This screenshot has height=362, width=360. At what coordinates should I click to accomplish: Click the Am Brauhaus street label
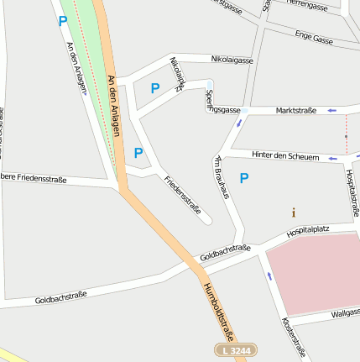[x=222, y=177]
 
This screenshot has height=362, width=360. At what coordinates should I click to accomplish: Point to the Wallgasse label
[x=345, y=313]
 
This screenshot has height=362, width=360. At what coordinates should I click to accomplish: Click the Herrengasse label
[x=306, y=6]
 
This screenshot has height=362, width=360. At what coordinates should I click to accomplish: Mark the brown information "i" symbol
[x=293, y=212]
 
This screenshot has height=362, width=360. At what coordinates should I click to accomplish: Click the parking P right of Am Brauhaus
[x=244, y=177]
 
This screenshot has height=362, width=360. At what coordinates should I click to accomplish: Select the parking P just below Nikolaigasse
[x=154, y=87]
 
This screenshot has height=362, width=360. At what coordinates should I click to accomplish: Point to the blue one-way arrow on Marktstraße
[x=332, y=110]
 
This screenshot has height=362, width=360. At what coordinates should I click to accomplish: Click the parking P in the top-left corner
[x=62, y=22]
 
